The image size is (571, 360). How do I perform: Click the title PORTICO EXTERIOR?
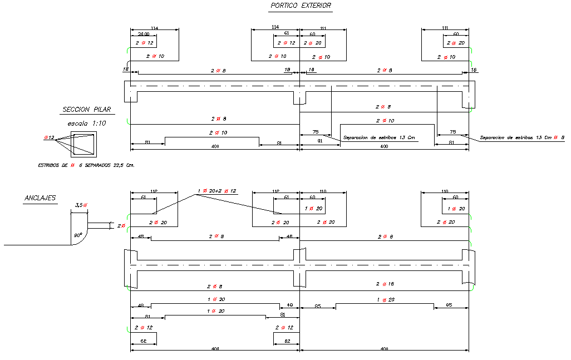pyautogui.click(x=300, y=6)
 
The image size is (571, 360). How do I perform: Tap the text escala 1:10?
pyautogui.click(x=86, y=123)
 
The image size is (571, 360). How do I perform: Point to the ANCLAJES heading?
pyautogui.click(x=40, y=198)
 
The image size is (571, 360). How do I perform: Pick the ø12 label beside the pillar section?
pyautogui.click(x=49, y=137)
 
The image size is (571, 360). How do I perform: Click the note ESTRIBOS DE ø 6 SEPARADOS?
pyautogui.click(x=86, y=165)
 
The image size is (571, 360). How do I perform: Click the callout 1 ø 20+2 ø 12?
pyautogui.click(x=217, y=191)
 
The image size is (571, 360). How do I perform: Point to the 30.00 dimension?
pyautogui.click(x=143, y=33)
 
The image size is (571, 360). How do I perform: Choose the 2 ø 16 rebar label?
pyautogui.click(x=385, y=284)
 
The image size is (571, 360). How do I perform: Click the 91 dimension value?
pyautogui.click(x=320, y=141)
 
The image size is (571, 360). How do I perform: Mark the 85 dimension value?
pyautogui.click(x=317, y=305)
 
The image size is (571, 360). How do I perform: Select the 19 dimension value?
pyautogui.click(x=287, y=70)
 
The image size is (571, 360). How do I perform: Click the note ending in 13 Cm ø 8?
pyautogui.click(x=521, y=137)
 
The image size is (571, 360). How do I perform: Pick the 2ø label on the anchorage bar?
pyautogui.click(x=121, y=225)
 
